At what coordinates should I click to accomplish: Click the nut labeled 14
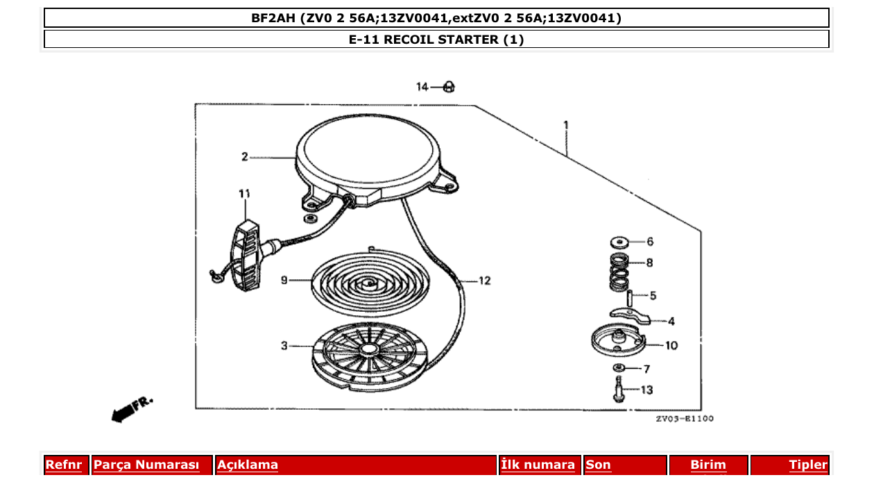pos(449,87)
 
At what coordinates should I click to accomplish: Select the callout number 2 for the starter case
pos(244,157)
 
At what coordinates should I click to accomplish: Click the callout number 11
pos(243,194)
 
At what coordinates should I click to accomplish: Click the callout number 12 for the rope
pos(484,281)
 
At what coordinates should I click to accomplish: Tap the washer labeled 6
pos(617,242)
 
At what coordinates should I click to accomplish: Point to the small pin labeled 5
pos(630,297)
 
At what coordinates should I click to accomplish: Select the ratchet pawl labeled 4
pos(631,316)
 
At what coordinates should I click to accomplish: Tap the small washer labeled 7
pos(617,367)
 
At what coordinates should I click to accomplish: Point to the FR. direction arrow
pos(130,409)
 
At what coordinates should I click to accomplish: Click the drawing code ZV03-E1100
pos(684,419)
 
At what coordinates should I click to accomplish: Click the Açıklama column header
pos(248,465)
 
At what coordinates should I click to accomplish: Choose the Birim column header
pos(708,465)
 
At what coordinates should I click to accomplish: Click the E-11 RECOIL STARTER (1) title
pos(436,40)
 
